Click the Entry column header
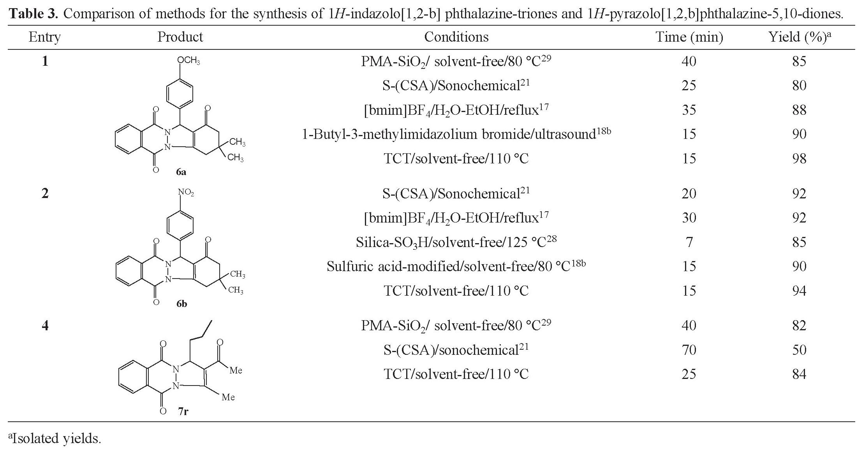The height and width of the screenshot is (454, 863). point(44,37)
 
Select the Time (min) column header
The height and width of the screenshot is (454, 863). point(689,37)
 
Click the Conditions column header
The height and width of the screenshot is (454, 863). point(456,37)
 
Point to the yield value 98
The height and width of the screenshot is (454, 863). point(799,159)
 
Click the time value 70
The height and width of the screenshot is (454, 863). point(689,350)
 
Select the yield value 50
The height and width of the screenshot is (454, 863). point(799,350)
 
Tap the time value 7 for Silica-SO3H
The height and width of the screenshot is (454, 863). point(689,242)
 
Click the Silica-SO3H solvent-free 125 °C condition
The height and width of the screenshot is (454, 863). point(456,242)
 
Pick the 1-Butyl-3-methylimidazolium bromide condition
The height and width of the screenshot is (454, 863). point(456,135)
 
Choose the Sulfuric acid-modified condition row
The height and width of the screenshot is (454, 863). point(456,266)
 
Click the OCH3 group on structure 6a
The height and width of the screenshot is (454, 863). point(188,61)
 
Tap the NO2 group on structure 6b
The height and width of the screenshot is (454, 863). point(186,193)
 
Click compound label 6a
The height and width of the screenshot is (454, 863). point(181,172)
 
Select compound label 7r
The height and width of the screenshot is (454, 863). point(183,411)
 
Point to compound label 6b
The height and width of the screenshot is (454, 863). point(181,304)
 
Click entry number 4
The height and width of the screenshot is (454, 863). point(45,325)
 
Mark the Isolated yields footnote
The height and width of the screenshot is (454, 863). point(55,439)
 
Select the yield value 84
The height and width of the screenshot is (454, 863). point(799,374)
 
